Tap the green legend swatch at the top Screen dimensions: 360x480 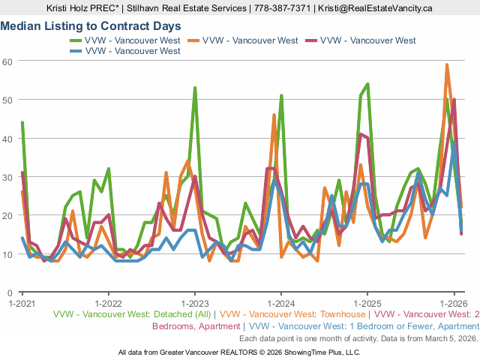click(x=76, y=40)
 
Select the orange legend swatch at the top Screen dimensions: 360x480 click(x=193, y=40)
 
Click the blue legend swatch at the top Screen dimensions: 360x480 click(x=76, y=51)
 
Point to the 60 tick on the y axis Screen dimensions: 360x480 click(x=8, y=61)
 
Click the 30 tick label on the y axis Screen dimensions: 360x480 click(x=8, y=177)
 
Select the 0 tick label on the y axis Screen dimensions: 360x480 click(x=10, y=292)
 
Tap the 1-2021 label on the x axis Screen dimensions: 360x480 click(x=22, y=304)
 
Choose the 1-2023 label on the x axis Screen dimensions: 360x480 click(x=194, y=304)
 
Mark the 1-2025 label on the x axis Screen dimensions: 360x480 click(x=367, y=304)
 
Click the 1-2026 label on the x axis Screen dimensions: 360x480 click(x=453, y=304)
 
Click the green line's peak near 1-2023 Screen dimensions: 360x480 click(x=195, y=88)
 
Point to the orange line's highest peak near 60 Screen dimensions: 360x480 click(x=447, y=64)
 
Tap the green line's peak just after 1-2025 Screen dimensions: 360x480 click(x=367, y=84)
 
